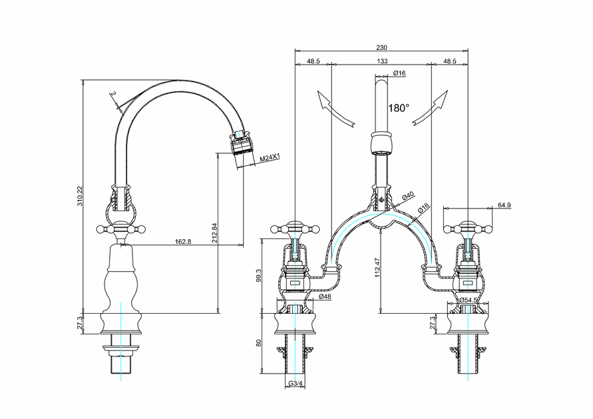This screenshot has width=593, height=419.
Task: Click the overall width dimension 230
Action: [381, 47]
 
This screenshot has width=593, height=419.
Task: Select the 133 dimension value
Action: [382, 61]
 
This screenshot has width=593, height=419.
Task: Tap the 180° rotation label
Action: [399, 107]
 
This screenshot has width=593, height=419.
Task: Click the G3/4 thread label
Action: [296, 384]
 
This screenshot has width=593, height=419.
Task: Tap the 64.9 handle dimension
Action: [504, 205]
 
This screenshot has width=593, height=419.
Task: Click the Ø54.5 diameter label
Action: [469, 300]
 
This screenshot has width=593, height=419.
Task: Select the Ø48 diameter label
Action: [325, 296]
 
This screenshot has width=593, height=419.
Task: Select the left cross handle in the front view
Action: [294, 230]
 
